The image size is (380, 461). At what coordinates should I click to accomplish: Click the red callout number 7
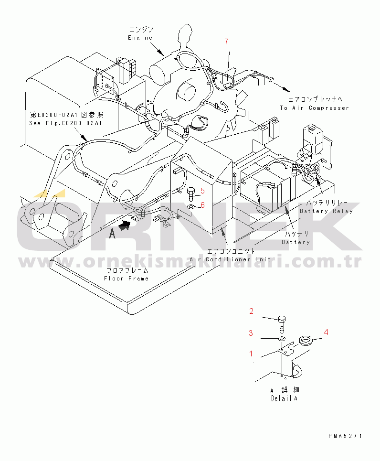pos(226,42)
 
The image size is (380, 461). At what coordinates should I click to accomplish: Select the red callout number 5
pos(202,191)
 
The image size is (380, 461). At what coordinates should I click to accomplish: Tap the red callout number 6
pos(202,205)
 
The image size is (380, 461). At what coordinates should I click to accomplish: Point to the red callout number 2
pos(251,311)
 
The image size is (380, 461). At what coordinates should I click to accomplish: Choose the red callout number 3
pos(251,333)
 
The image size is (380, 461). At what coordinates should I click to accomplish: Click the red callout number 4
pos(326,332)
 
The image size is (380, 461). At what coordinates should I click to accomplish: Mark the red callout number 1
pos(251,354)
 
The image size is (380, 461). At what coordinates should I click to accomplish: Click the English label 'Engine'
pos(140,38)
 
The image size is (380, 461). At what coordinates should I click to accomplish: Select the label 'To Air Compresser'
pos(315,108)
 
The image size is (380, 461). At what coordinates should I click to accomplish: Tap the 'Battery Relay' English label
pos(326,211)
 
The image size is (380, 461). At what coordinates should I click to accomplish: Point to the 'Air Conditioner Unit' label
pos(230,259)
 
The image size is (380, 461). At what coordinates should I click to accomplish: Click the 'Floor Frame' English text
pos(127,279)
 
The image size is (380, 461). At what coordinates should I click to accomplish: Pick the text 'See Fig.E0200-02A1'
pos(65,123)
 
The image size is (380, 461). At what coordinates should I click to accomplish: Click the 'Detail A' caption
pos(284,398)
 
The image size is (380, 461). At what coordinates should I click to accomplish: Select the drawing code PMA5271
pos(345,436)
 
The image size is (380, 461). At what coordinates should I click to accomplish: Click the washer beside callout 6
pos(191,206)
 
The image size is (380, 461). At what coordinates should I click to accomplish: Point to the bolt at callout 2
pos(282,324)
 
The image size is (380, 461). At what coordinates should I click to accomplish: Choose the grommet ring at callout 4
pos(306,341)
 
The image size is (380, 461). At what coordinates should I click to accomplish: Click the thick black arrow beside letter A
pos(124,226)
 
